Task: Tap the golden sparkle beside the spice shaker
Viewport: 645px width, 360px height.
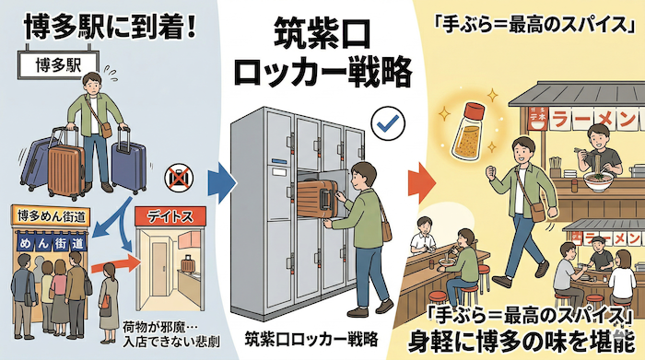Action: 442,114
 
